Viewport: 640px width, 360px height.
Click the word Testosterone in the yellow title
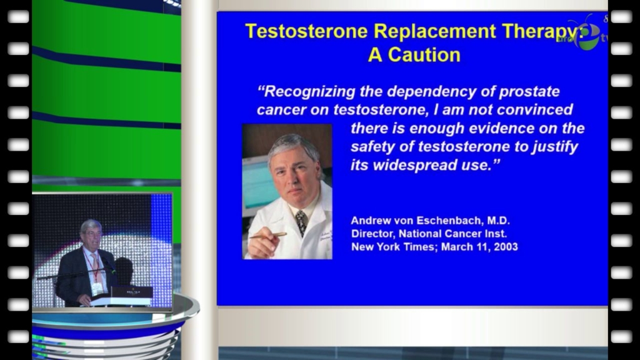click(306, 31)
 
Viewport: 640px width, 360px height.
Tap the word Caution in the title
click(424, 55)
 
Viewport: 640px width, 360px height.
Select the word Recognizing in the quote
click(310, 92)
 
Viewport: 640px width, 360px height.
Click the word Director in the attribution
click(372, 234)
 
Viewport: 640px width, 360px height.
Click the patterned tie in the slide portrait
click(301, 222)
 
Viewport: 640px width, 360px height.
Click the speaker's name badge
click(97, 289)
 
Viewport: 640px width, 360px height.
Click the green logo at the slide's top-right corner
click(587, 36)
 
